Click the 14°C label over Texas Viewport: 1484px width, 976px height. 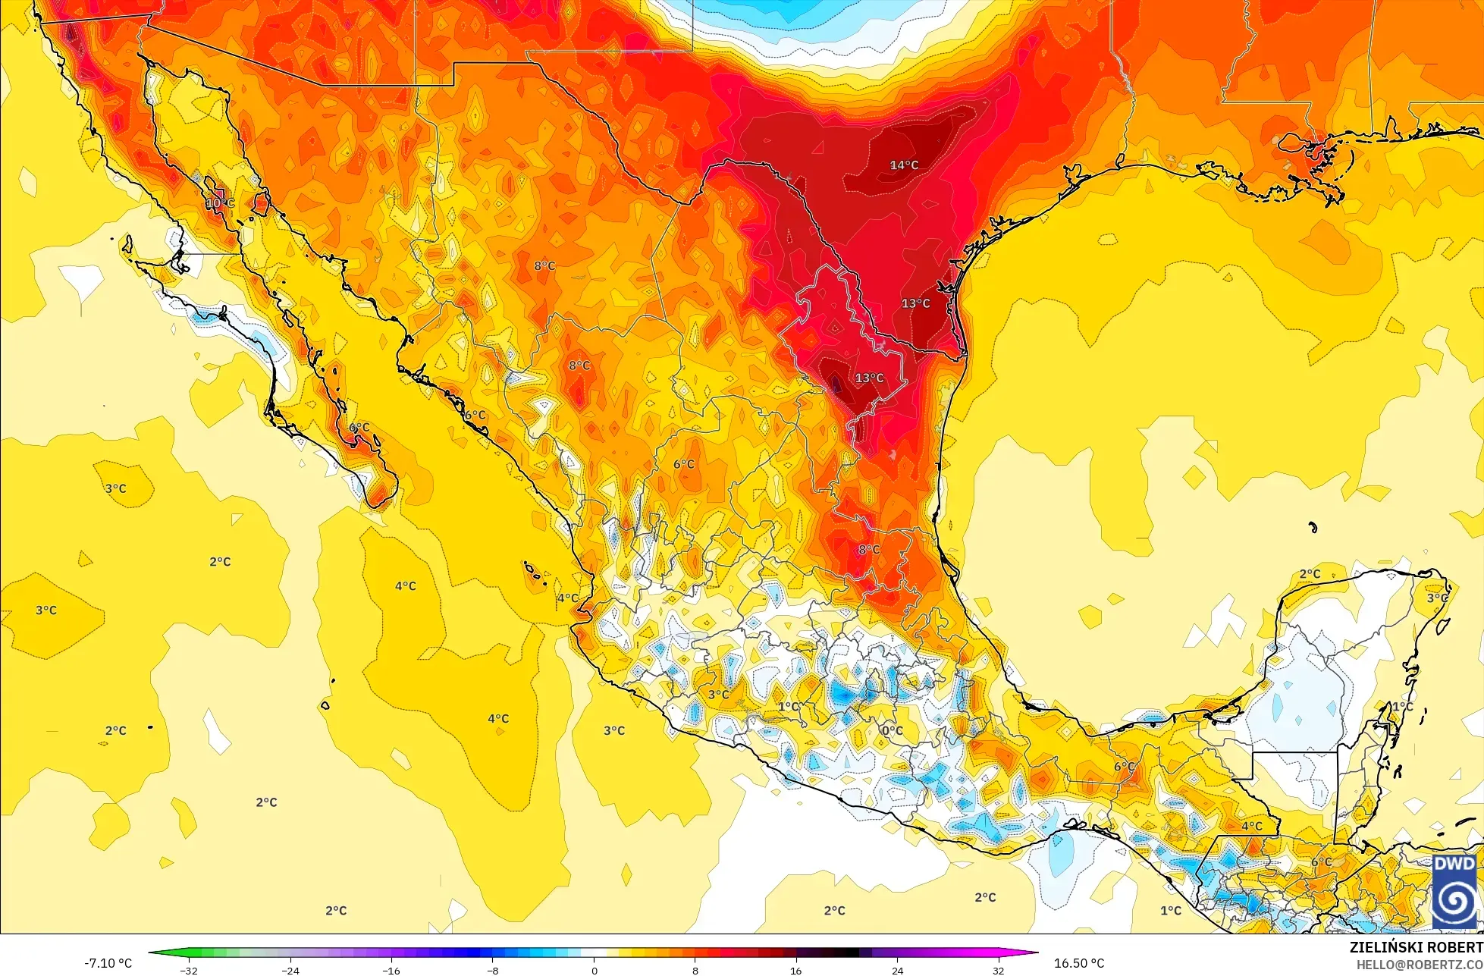[x=904, y=165]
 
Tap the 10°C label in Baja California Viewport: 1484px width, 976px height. [x=220, y=203]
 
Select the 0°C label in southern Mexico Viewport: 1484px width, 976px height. [x=893, y=730]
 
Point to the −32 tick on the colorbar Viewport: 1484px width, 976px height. [x=189, y=970]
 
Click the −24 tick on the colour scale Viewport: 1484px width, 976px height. [x=290, y=970]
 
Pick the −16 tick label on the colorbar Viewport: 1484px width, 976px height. [x=391, y=970]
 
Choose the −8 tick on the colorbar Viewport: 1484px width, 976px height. [x=493, y=970]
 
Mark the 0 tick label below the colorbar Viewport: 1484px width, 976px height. [x=594, y=970]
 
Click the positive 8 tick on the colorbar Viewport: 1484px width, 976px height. [x=695, y=970]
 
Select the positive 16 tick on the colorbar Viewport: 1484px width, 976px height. [x=796, y=970]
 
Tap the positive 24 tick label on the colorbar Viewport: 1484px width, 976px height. [x=897, y=970]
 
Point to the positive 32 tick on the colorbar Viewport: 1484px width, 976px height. [x=998, y=970]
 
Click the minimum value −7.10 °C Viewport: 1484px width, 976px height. [x=108, y=963]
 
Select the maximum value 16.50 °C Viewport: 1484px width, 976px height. [x=1079, y=963]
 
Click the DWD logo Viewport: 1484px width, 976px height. [x=1454, y=892]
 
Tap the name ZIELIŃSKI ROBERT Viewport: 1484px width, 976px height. [x=1416, y=947]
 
